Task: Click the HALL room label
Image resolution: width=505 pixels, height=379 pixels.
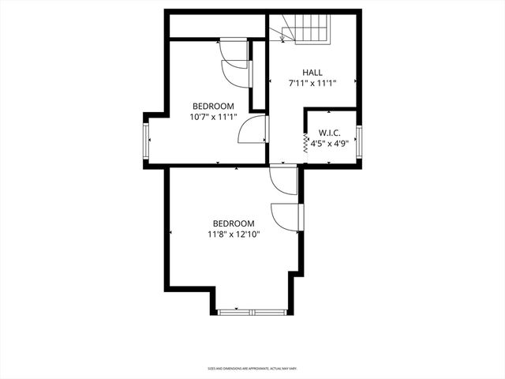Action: click(312, 72)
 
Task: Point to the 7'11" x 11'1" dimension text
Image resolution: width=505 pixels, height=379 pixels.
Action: click(312, 82)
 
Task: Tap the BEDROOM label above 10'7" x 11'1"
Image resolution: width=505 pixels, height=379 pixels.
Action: click(214, 106)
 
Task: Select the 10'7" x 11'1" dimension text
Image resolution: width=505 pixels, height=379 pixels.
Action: click(214, 116)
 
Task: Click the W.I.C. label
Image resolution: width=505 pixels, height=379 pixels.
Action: click(329, 133)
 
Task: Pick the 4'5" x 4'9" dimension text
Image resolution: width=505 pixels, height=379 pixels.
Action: click(329, 144)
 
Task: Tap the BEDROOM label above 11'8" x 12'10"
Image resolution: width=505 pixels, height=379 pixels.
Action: click(233, 223)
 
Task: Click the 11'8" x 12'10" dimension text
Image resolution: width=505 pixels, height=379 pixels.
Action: click(233, 235)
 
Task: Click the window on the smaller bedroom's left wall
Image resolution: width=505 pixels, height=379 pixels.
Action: click(146, 141)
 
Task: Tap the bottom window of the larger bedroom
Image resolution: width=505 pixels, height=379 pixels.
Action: click(253, 312)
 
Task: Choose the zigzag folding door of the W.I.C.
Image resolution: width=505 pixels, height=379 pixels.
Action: click(306, 141)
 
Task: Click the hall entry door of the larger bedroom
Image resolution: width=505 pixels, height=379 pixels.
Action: click(282, 179)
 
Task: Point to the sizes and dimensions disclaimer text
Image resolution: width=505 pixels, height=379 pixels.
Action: click(252, 368)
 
